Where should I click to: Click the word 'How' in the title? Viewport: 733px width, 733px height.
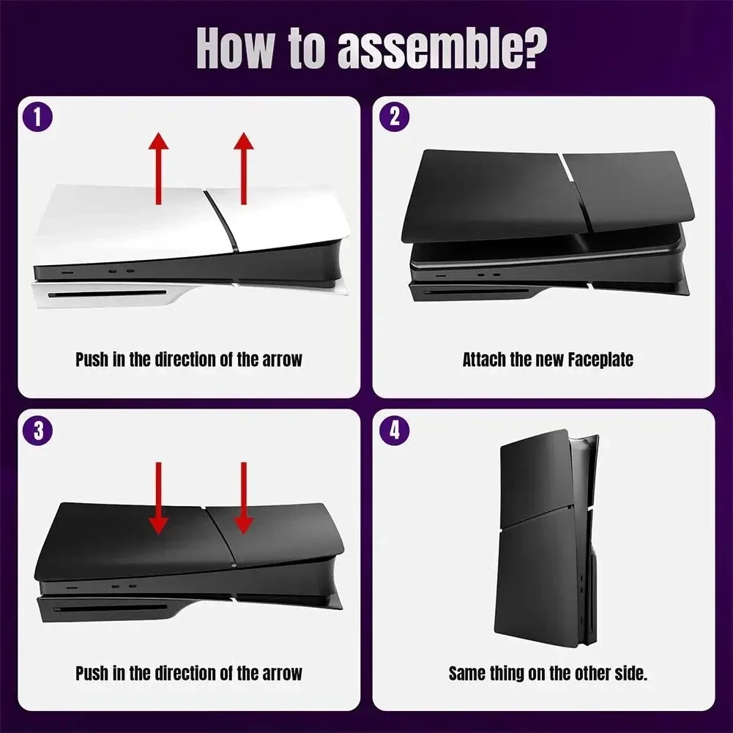(x=239, y=50)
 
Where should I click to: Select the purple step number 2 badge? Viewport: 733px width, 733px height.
(x=395, y=117)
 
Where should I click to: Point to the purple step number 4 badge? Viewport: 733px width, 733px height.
(x=395, y=431)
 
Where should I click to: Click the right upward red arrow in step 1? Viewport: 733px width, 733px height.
(x=244, y=168)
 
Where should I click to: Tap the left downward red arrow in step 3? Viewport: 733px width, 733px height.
(x=158, y=498)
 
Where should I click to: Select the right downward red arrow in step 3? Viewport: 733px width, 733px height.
(x=244, y=498)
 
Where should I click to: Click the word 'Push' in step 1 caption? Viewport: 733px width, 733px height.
(x=92, y=360)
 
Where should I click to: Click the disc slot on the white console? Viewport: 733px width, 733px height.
(x=110, y=295)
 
